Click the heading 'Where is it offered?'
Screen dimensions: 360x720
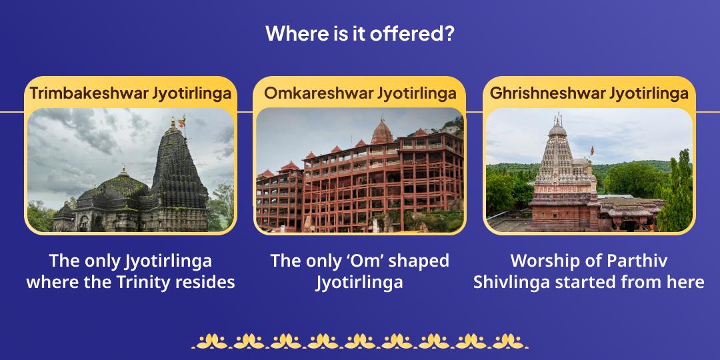(x=360, y=33)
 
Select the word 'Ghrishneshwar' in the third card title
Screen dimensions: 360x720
(x=545, y=93)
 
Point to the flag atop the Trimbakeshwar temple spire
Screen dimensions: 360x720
(x=182, y=121)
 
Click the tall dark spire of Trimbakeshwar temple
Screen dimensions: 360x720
(x=177, y=170)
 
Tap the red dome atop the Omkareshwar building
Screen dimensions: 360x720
(x=382, y=131)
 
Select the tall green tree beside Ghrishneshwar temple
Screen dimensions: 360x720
(x=677, y=190)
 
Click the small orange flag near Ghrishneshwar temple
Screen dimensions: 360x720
(x=591, y=149)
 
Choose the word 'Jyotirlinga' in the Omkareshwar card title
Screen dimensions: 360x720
(x=417, y=93)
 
